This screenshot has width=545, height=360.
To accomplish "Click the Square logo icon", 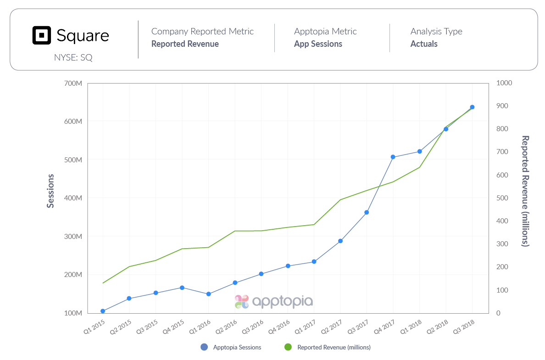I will (42, 35).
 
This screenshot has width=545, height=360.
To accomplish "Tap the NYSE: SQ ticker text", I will (73, 58).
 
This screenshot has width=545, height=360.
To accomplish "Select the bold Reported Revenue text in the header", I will (185, 44).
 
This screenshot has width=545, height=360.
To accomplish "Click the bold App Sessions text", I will (318, 44).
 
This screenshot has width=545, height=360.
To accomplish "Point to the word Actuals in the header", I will (424, 44).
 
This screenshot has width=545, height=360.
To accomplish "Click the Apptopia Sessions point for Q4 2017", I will (393, 157).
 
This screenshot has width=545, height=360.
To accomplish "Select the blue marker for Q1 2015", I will (103, 311).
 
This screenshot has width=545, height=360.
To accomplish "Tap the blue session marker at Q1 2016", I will (209, 294).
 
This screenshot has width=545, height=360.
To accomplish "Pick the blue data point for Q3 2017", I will (367, 212).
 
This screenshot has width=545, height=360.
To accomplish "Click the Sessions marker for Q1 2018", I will (419, 151).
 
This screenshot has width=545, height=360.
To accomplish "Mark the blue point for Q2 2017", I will (340, 241).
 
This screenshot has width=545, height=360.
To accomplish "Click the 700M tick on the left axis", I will (73, 83).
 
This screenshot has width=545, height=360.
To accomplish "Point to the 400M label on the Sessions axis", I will (73, 198).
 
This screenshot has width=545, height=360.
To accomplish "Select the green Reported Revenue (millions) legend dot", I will (288, 347).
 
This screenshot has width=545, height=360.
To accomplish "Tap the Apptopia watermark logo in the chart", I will (274, 301).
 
